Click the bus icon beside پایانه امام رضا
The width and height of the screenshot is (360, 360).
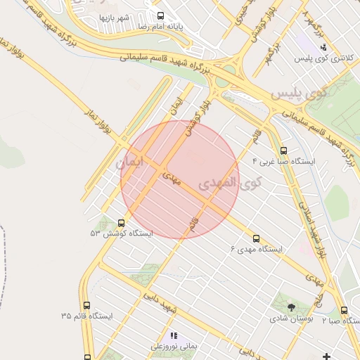160,15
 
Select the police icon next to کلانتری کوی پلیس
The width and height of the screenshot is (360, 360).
323,48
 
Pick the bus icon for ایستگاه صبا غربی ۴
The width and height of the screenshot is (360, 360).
283,150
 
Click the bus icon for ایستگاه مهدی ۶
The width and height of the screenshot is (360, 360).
257,238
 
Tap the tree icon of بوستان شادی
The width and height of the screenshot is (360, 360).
292,307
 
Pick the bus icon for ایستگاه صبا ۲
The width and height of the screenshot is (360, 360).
344,310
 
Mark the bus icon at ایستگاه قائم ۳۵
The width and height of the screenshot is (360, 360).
86,306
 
